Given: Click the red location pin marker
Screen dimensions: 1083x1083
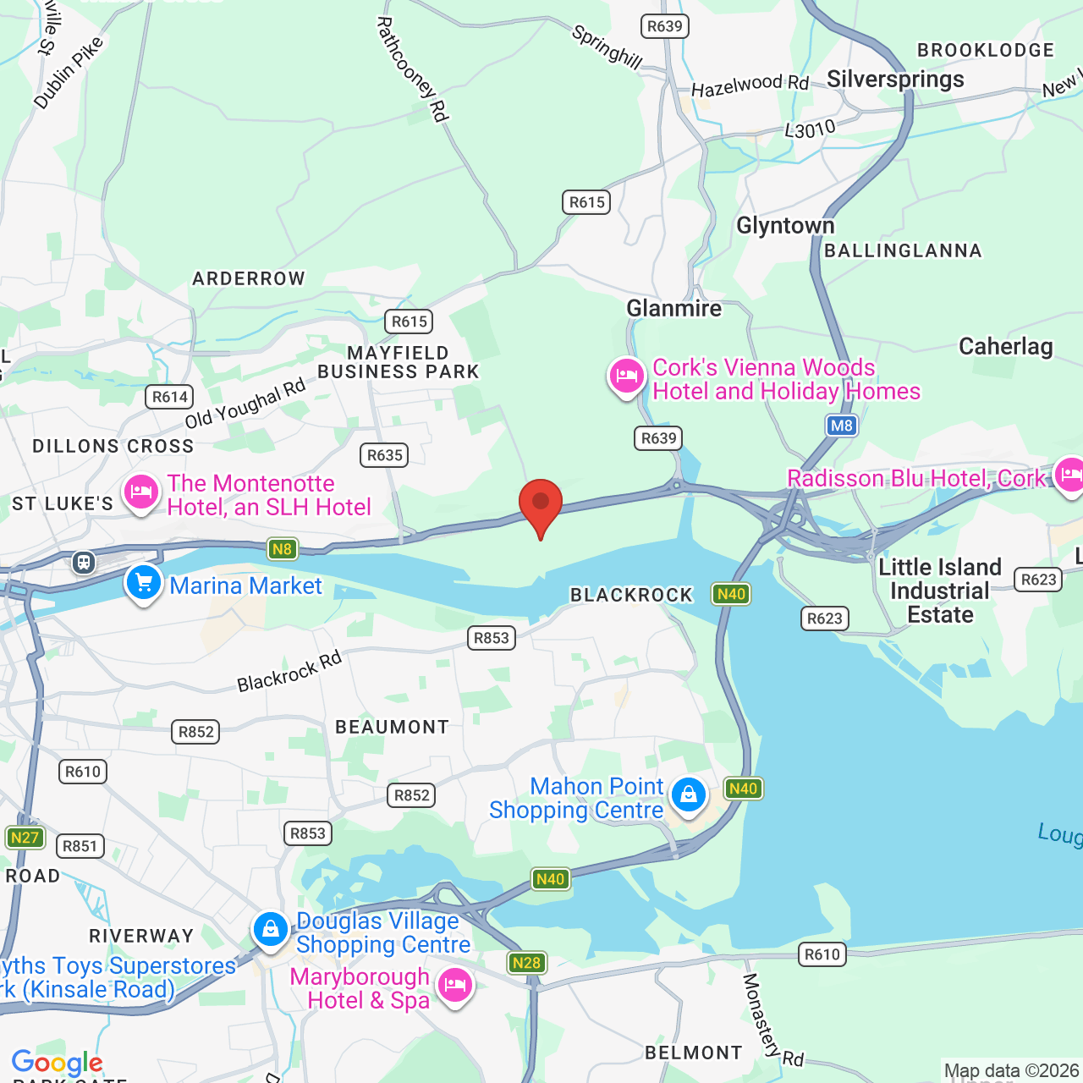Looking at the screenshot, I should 541,505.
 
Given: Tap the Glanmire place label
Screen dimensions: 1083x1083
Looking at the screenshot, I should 673,308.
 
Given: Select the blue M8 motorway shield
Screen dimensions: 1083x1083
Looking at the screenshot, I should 841,426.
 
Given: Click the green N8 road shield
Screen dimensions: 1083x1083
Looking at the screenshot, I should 282,549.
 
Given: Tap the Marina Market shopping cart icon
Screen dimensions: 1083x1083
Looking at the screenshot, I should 144,583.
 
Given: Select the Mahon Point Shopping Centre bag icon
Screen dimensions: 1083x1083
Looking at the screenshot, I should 689,795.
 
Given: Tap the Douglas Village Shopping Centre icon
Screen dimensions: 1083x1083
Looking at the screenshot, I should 271,930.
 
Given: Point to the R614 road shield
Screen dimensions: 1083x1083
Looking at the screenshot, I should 170,397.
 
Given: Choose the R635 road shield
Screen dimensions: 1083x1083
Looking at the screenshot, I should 385,455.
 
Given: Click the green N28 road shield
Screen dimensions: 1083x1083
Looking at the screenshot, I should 526,963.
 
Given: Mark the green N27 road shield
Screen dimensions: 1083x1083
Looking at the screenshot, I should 25,838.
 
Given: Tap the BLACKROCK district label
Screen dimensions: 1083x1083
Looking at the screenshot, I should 631,595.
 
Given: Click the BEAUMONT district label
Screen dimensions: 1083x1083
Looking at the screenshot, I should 392,727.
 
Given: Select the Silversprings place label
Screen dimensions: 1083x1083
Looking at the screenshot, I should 895,80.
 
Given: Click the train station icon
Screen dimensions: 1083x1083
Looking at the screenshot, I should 83,562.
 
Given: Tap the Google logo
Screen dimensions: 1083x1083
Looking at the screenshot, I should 58,1063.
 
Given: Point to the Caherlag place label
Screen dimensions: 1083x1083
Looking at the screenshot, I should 1005,346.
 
